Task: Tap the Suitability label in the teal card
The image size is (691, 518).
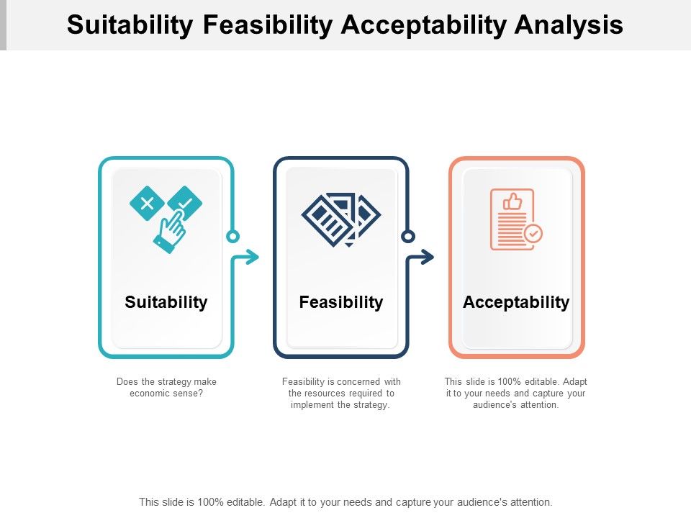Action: pyautogui.click(x=166, y=302)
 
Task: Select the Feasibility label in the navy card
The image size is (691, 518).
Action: pyautogui.click(x=341, y=302)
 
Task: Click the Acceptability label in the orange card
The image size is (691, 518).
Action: pyautogui.click(x=516, y=302)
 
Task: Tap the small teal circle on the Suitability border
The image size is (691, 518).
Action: pyautogui.click(x=232, y=236)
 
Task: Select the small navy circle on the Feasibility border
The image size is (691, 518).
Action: pyautogui.click(x=408, y=236)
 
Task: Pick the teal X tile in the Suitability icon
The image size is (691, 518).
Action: pyautogui.click(x=147, y=203)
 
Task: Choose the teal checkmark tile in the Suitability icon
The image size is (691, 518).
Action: pyautogui.click(x=185, y=203)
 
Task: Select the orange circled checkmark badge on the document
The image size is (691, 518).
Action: pyautogui.click(x=533, y=233)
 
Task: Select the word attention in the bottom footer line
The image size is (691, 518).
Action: pyautogui.click(x=530, y=502)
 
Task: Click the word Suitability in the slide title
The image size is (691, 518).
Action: pyautogui.click(x=130, y=24)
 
